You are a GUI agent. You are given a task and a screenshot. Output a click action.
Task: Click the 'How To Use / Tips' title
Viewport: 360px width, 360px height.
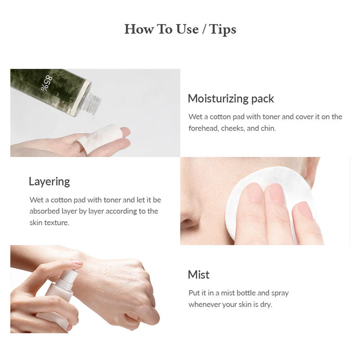tap(180, 29)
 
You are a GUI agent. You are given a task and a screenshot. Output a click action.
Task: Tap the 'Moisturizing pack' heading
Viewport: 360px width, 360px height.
tap(231, 99)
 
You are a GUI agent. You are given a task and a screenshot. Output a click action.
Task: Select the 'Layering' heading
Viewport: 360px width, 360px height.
tap(49, 182)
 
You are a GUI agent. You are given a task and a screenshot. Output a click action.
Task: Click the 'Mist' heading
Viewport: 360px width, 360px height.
tap(198, 274)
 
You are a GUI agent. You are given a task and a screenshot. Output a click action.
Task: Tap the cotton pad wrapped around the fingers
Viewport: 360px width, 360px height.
tap(99, 138)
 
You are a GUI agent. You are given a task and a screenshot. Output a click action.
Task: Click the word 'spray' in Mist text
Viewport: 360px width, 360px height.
tap(280, 293)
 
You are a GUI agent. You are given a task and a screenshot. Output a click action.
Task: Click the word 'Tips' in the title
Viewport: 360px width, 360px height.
tap(222, 30)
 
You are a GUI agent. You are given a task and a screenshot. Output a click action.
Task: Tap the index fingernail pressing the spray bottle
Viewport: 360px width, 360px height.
tap(77, 262)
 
